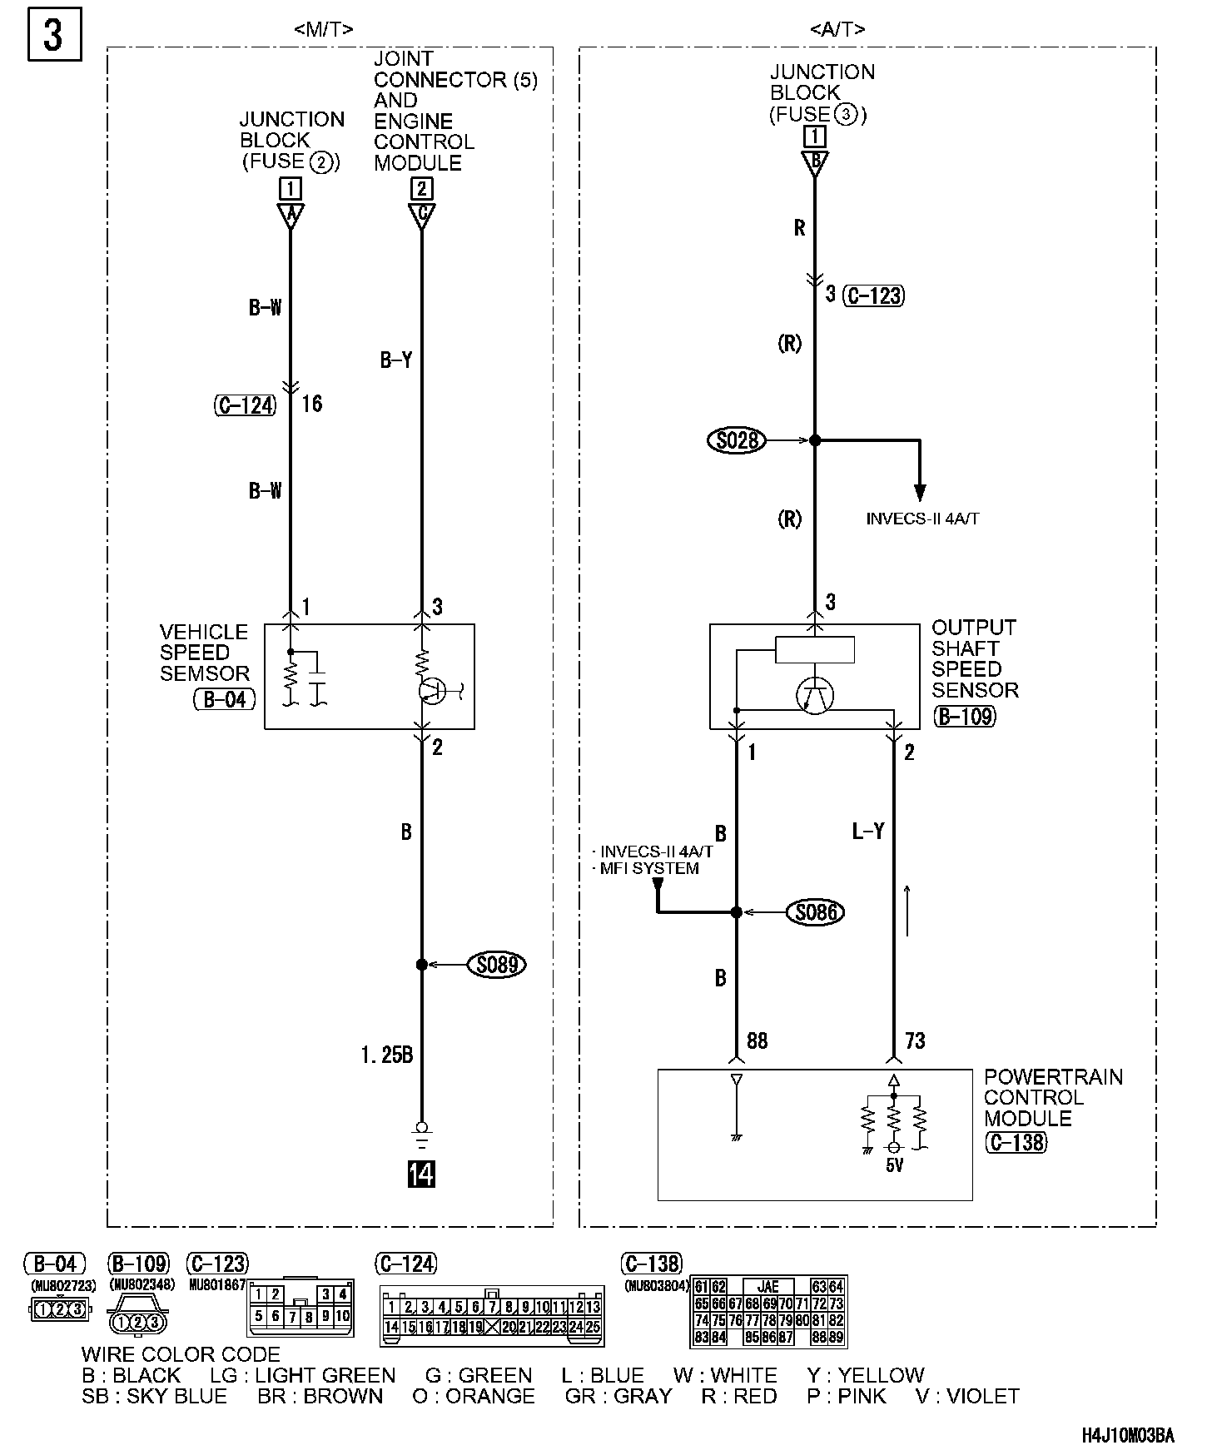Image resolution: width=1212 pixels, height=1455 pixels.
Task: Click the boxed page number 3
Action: coord(54,36)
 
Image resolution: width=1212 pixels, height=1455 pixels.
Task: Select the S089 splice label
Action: coord(497,965)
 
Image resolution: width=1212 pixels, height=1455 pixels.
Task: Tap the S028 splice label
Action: coord(738,439)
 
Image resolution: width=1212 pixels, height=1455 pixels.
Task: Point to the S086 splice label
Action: coord(816,912)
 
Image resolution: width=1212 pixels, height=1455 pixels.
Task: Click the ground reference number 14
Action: coord(421,1174)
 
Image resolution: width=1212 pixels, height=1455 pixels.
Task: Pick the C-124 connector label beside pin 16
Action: coord(245,405)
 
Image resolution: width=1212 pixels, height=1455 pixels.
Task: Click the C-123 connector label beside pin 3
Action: coord(873,295)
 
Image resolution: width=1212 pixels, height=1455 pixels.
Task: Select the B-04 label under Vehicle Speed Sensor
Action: coord(224,699)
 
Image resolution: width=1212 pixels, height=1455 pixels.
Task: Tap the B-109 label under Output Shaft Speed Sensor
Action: coord(965,716)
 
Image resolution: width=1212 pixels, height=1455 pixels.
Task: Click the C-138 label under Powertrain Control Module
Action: coord(1016,1142)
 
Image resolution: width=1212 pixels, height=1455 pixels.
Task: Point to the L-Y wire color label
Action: coord(867,831)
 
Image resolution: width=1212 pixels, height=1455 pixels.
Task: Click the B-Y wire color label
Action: coord(396,360)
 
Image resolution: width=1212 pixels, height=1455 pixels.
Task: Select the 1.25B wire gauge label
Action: coord(387,1055)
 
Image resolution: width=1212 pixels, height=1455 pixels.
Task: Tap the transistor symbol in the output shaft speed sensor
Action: coord(815,694)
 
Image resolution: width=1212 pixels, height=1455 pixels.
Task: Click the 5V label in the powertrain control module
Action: coord(894,1166)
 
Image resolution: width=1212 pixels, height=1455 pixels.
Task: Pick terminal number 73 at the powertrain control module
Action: coord(914,1040)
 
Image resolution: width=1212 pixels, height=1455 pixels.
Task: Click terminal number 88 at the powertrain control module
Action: coord(757,1040)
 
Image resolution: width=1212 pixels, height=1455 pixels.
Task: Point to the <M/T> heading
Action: coord(324,29)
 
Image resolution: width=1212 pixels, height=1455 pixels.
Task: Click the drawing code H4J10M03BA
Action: coord(1128,1436)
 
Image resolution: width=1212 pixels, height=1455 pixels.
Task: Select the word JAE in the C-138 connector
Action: coord(767,1287)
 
